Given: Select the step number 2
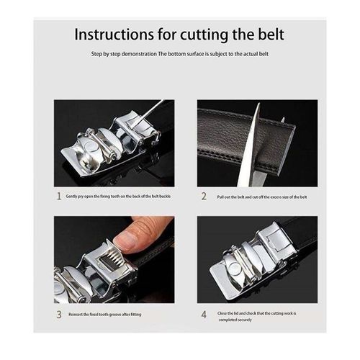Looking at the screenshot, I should click(x=204, y=195).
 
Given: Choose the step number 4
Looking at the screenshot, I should click(x=204, y=314).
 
